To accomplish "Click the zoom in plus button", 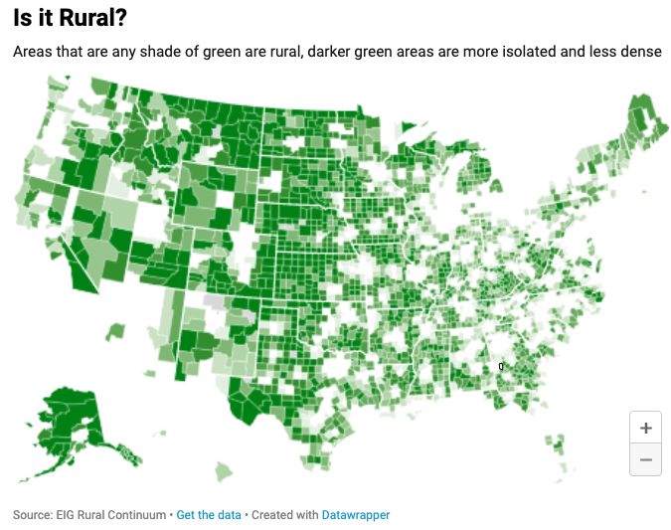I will pyautogui.click(x=646, y=428).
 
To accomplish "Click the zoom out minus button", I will pyautogui.click(x=646, y=459).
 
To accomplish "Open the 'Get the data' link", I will pyautogui.click(x=209, y=515).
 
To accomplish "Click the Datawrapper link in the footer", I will pyautogui.click(x=356, y=515).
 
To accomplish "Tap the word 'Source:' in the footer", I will pyautogui.click(x=31, y=515).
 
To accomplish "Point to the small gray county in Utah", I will pyautogui.click(x=213, y=299).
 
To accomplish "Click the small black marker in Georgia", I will pyautogui.click(x=501, y=367).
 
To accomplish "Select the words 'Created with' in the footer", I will pyautogui.click(x=284, y=515).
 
